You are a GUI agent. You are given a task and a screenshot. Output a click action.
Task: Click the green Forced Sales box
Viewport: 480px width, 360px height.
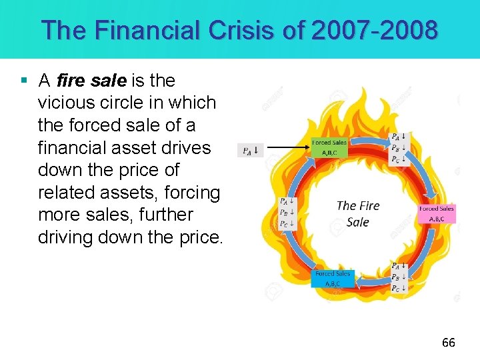tap(330, 147)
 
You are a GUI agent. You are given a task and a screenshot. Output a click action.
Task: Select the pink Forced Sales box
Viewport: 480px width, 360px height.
tap(437, 213)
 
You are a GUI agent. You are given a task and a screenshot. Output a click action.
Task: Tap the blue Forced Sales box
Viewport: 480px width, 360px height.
tap(333, 278)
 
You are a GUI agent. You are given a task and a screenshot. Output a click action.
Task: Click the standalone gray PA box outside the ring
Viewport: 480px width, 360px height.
tap(250, 150)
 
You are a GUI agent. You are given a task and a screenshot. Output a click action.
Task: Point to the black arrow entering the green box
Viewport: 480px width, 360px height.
tap(287, 147)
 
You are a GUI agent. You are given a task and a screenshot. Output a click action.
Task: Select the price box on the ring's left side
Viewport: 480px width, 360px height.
tap(287, 212)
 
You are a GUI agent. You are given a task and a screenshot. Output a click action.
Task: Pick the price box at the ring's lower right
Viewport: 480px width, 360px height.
tap(399, 277)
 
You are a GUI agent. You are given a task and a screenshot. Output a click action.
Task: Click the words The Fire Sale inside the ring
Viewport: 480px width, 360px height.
tap(358, 213)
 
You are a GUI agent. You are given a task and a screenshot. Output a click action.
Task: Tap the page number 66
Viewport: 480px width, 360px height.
tap(449, 343)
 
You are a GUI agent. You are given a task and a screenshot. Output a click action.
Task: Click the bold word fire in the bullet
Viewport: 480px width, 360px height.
tap(71, 81)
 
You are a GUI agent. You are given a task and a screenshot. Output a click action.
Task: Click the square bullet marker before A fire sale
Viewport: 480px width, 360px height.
tap(24, 81)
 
